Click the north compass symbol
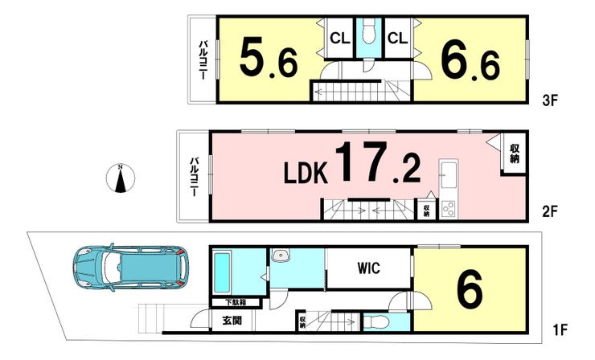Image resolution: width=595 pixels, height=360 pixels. [x=121, y=178]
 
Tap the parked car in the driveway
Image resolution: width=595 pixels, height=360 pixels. [x=130, y=267]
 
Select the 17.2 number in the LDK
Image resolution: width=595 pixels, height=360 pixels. [x=378, y=162]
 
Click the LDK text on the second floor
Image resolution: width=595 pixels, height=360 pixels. [x=306, y=173]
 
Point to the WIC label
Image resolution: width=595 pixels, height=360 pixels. [x=368, y=268]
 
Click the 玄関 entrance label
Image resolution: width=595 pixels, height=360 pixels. [x=232, y=321]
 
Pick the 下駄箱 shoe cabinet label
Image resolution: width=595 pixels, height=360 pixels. [x=236, y=302]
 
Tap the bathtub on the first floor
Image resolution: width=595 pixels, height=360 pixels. [x=222, y=272]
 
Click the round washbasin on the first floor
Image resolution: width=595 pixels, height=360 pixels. [x=281, y=256]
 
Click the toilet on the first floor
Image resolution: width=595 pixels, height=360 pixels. [x=377, y=322]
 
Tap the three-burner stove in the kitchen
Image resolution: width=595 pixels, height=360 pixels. [x=448, y=209]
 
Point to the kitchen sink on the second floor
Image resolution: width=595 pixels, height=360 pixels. [x=448, y=175]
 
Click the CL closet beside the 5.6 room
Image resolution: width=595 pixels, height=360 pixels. [x=339, y=39]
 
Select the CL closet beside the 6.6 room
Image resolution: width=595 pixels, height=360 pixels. [x=398, y=39]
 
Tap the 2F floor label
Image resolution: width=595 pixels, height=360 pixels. [x=550, y=211]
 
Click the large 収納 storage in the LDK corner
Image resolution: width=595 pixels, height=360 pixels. [x=514, y=153]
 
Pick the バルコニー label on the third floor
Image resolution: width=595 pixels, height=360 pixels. [x=203, y=60]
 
